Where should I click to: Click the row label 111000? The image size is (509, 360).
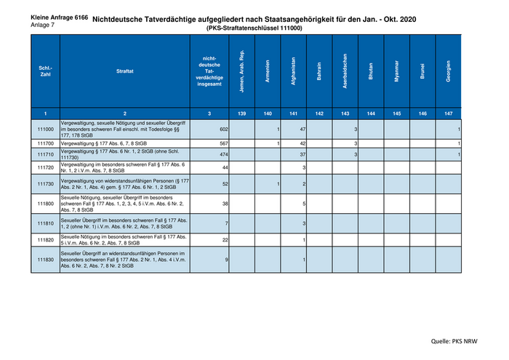coord(45,129)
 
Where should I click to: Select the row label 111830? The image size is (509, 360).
coord(45,260)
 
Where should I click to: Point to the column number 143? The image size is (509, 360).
coord(345,113)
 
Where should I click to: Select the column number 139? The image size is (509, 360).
coord(241,113)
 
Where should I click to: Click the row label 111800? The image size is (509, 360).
coord(45,203)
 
